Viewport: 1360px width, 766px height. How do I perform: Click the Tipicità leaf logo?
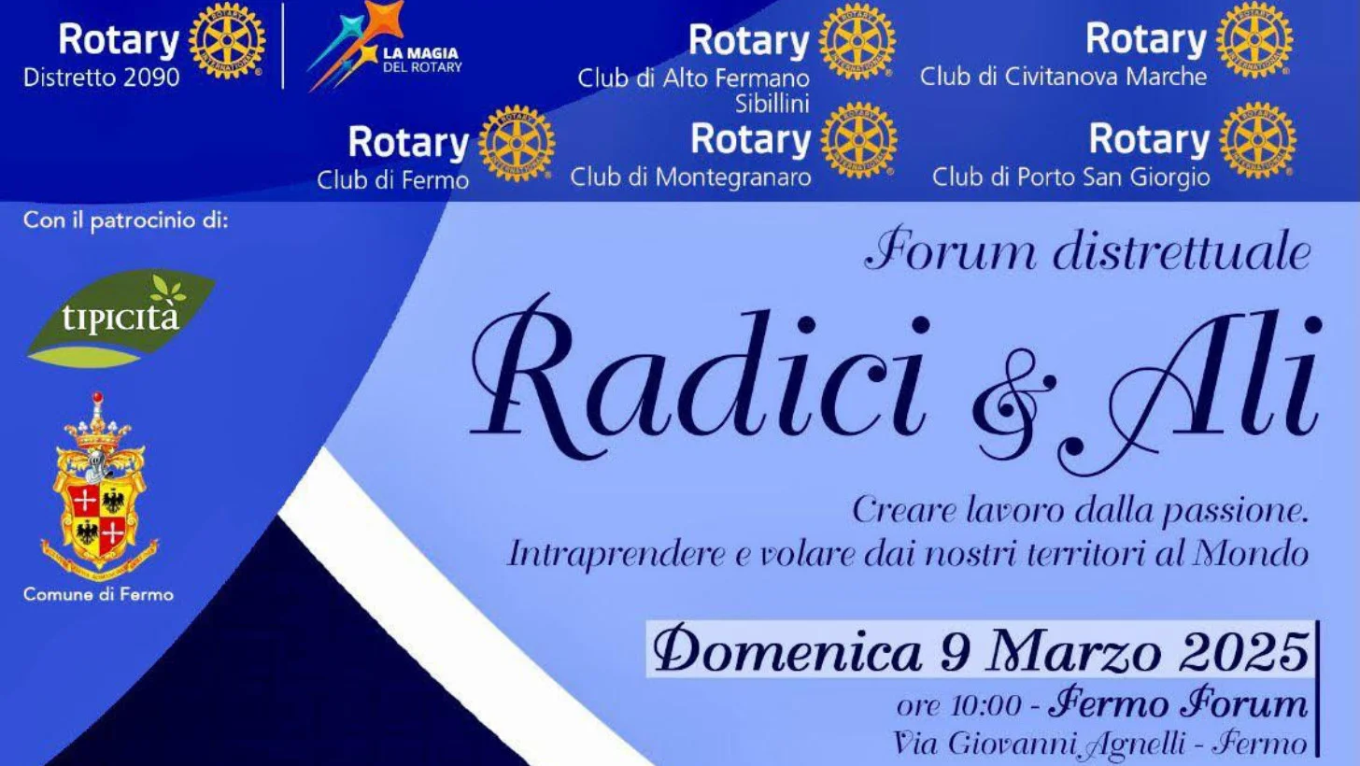click(120, 319)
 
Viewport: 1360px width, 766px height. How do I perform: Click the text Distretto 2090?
click(102, 78)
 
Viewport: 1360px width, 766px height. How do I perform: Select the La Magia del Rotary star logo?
click(385, 45)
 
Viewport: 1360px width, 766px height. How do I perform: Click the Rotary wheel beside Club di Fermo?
click(516, 144)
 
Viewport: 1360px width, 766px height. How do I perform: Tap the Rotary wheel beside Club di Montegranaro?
click(858, 140)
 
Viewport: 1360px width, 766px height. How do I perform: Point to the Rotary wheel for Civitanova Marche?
click(1254, 40)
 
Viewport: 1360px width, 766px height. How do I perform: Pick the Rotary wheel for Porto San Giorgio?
click(1257, 140)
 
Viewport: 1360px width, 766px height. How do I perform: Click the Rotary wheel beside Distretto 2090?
click(227, 40)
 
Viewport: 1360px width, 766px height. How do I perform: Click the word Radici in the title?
click(700, 377)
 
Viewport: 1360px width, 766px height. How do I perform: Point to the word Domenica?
click(786, 650)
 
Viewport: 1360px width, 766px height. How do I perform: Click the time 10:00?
click(986, 706)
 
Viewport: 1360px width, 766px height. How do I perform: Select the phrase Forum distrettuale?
click(1088, 250)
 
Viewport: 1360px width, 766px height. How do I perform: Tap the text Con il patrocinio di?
click(126, 220)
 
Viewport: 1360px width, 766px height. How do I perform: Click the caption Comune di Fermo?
click(98, 594)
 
